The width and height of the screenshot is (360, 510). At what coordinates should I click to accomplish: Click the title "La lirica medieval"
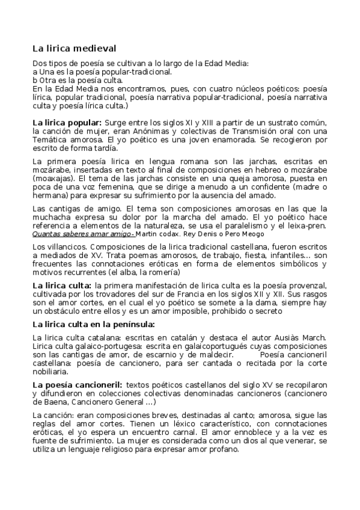tap(74, 48)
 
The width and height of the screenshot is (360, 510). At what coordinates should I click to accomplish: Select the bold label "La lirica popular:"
tap(67, 123)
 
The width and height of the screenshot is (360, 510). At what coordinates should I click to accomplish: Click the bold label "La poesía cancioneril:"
tap(77, 384)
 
